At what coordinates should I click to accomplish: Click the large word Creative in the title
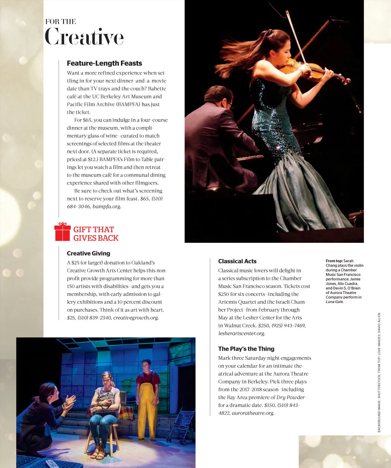[84, 37]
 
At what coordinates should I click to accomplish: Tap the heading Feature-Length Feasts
[104, 63]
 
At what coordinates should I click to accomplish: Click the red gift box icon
[62, 232]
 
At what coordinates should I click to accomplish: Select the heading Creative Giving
[88, 253]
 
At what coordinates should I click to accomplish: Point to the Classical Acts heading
[237, 261]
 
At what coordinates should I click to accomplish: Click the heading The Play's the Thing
[246, 349]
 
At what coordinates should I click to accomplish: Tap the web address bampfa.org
[107, 206]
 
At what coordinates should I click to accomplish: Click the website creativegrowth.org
[136, 318]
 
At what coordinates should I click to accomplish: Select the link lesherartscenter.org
[242, 333]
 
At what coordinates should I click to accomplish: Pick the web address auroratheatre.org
[253, 413]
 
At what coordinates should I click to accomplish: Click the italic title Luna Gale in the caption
[335, 302]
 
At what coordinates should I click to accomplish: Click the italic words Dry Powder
[291, 397]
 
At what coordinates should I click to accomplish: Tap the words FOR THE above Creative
[61, 22]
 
